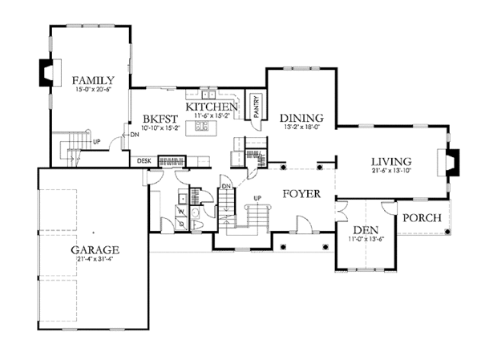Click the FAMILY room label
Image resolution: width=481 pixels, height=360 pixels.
tap(93, 80)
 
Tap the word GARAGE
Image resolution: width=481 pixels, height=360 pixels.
tap(94, 249)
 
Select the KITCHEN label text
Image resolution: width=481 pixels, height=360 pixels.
tap(212, 107)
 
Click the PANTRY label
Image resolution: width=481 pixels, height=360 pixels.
tap(256, 107)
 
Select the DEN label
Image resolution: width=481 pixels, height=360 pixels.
tap(365, 230)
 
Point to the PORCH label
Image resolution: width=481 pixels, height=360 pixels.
tap(420, 218)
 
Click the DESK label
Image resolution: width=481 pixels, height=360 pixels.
tap(144, 161)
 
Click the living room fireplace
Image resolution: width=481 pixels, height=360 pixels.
tap(454, 164)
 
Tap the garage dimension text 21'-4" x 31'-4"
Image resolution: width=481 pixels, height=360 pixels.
tap(94, 259)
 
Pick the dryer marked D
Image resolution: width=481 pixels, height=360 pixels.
tap(181, 224)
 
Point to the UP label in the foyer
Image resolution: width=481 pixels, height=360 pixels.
tap(257, 196)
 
